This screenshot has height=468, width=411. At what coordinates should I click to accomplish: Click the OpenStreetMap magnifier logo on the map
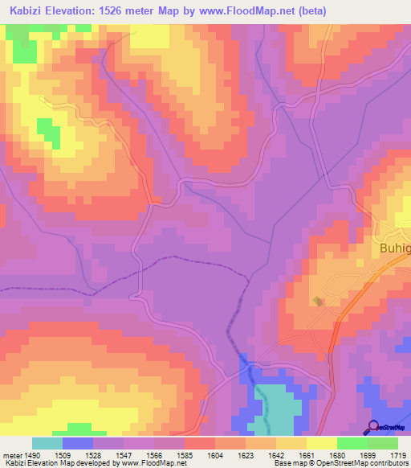click(x=373, y=427)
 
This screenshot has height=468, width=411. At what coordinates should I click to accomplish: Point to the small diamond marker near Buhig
click(x=319, y=302)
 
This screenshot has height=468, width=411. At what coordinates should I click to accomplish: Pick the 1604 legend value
click(x=198, y=455)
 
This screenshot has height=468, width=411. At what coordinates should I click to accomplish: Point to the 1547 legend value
click(x=137, y=455)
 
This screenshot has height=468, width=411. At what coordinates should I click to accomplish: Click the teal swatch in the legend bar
click(x=47, y=443)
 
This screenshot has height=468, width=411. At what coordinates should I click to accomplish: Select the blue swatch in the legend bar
click(x=78, y=443)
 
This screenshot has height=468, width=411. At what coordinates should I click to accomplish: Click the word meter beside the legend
click(x=14, y=455)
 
